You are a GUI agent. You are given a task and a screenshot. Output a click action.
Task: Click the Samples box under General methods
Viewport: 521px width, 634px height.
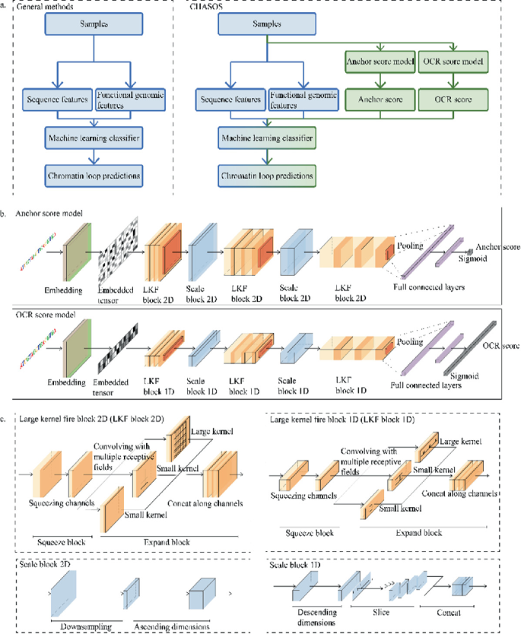[x=93, y=25]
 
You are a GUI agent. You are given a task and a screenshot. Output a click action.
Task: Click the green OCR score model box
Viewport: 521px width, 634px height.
[x=455, y=61]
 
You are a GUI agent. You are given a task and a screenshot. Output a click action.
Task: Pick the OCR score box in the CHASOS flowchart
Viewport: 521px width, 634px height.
[x=455, y=99]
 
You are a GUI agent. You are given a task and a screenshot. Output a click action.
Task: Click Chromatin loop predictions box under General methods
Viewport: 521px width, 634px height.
[x=93, y=176]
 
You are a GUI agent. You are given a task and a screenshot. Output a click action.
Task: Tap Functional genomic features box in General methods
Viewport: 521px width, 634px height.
[x=128, y=99]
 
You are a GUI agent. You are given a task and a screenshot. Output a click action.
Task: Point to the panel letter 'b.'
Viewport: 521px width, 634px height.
[x=4, y=216]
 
